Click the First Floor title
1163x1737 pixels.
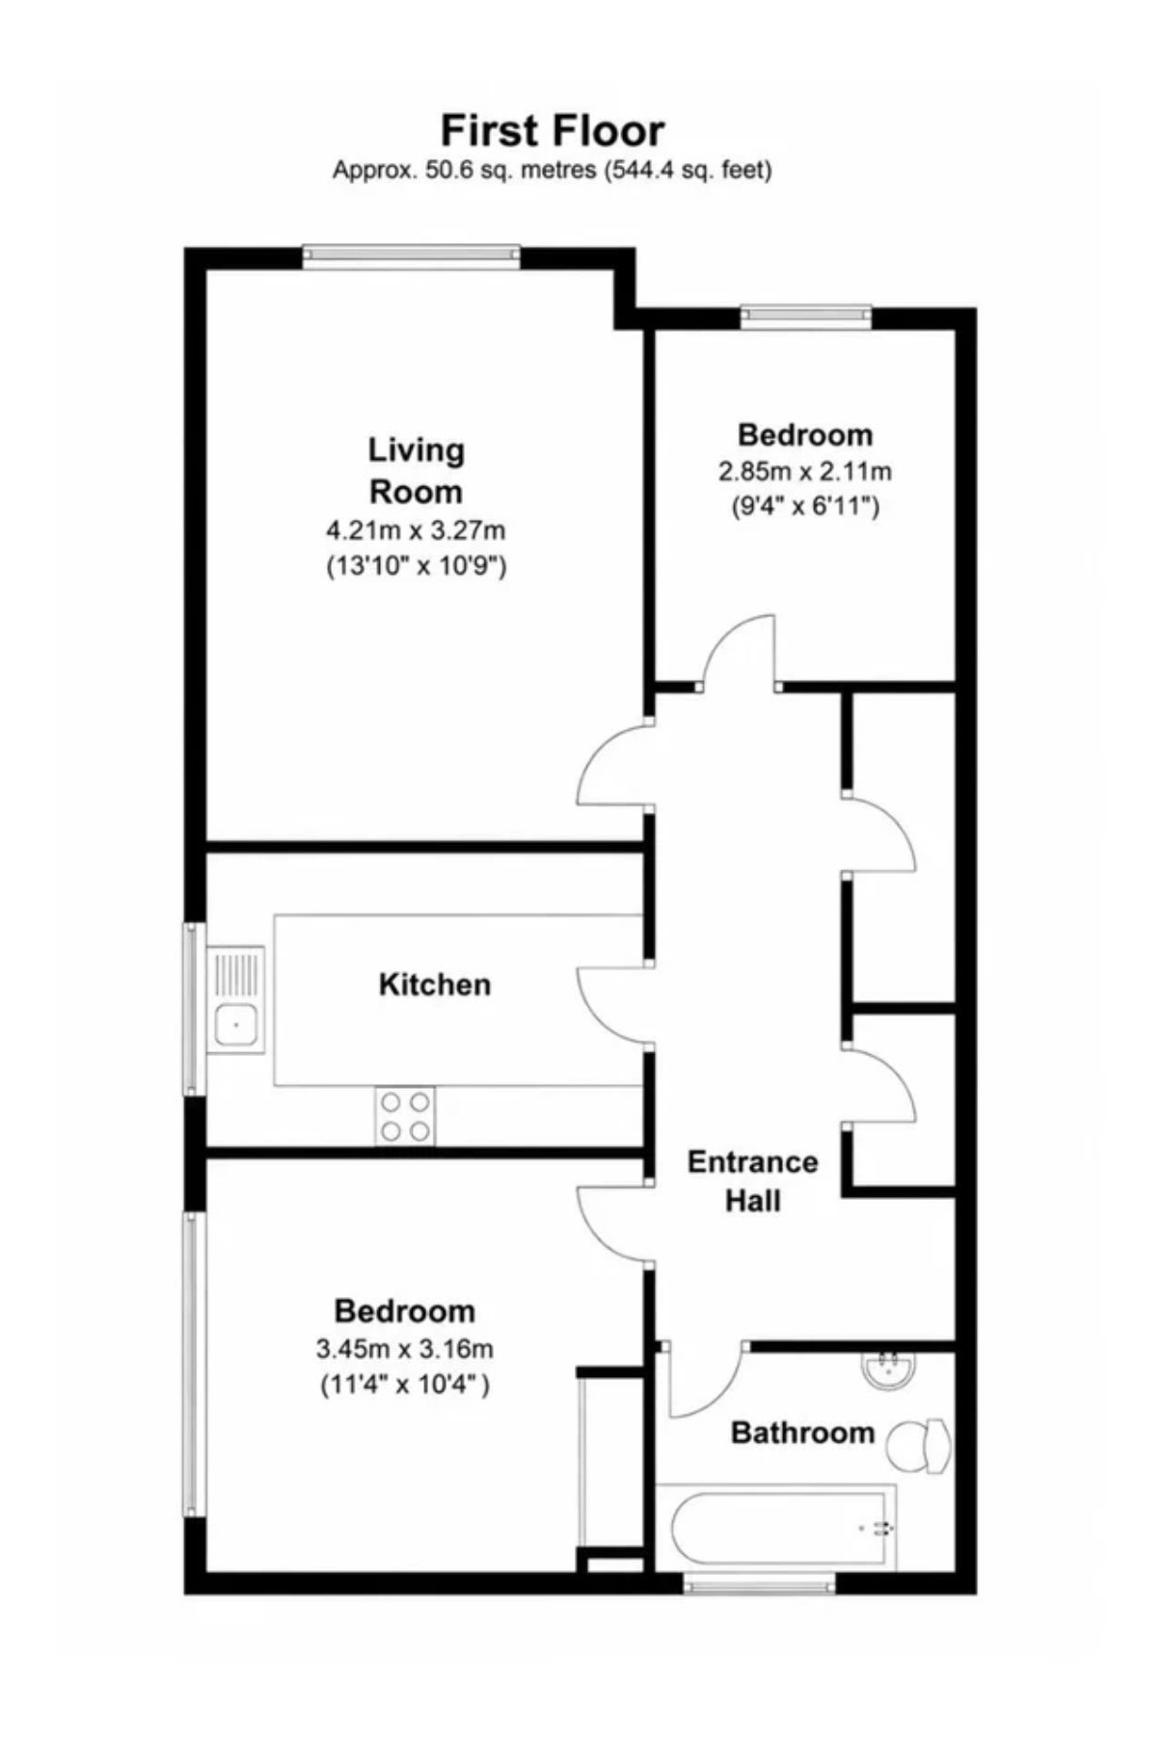pos(553,130)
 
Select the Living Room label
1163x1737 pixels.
pos(416,471)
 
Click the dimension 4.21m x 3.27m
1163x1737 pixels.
pos(416,529)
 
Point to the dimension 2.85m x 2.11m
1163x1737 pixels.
pos(804,472)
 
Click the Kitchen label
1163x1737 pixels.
pos(435,985)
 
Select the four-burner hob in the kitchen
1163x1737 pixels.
pos(405,1116)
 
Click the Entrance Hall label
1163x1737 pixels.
pos(752,1181)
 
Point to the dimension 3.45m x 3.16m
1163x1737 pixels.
pos(405,1348)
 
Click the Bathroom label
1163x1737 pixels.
pos(802,1432)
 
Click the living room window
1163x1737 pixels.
pos(411,256)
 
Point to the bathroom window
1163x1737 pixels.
pos(760,1583)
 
